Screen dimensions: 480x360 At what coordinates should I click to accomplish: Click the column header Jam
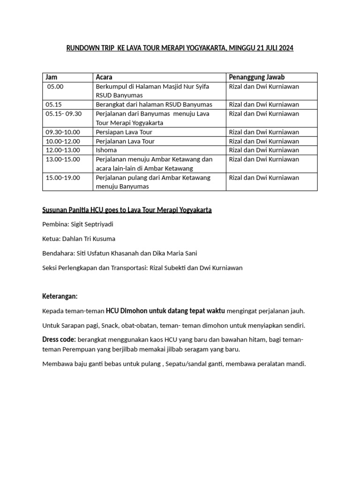pyautogui.click(x=51, y=77)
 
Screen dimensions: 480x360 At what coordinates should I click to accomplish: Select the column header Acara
pyautogui.click(x=104, y=77)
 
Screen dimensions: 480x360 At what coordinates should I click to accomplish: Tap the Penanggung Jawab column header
pyautogui.click(x=257, y=77)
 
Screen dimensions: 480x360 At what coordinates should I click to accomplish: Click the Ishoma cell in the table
pyautogui.click(x=106, y=150)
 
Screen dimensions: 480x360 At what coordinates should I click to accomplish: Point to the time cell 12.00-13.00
pyautogui.click(x=63, y=150)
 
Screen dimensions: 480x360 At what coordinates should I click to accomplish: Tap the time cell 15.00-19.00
pyautogui.click(x=63, y=178)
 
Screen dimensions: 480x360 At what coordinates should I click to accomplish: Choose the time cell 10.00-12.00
pyautogui.click(x=63, y=141)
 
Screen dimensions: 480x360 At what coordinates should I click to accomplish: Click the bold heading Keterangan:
pyautogui.click(x=60, y=296)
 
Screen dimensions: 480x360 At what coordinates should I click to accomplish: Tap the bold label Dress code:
pyautogui.click(x=59, y=339)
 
